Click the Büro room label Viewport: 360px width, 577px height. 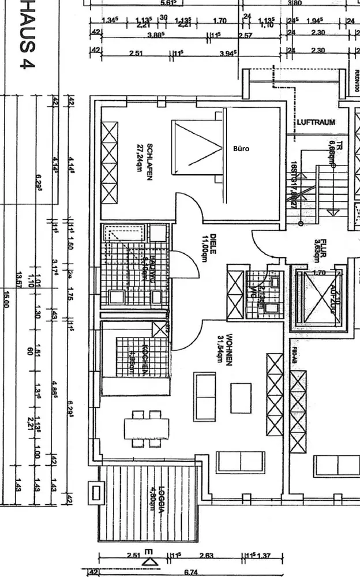(241, 149)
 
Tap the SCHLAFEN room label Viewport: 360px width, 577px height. (149, 162)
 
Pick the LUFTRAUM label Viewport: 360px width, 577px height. (316, 123)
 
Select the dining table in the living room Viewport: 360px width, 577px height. (147, 428)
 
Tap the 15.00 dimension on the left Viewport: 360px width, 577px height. (7, 298)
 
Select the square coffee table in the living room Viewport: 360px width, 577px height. (241, 398)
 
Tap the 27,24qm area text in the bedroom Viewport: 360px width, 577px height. (139, 162)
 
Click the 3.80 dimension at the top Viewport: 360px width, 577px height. (294, 3)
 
